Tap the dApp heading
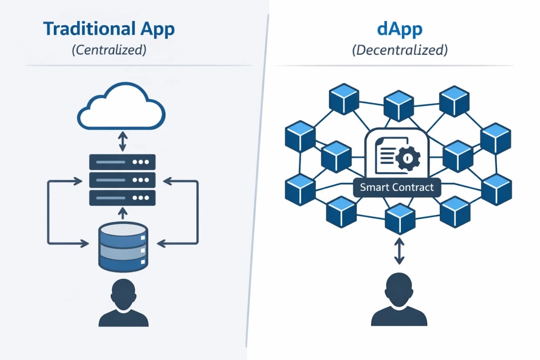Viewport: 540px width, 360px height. click(x=399, y=29)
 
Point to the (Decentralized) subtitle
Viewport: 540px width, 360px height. click(x=399, y=51)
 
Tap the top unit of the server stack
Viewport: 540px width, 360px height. click(x=122, y=162)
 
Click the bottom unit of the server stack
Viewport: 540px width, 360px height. click(x=122, y=198)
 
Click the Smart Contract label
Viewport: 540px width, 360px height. click(x=397, y=187)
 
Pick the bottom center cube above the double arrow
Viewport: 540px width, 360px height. click(x=399, y=218)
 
